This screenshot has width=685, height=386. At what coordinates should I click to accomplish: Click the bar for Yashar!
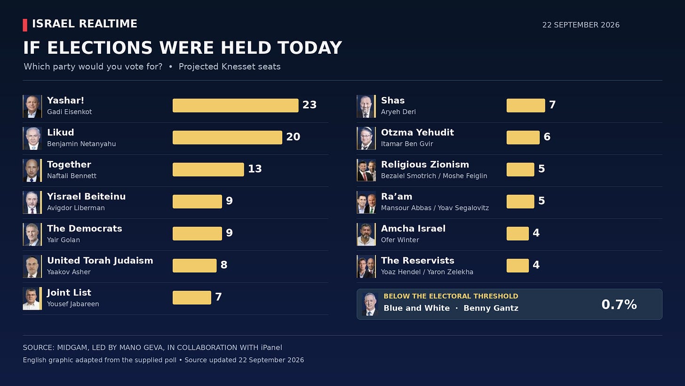235,106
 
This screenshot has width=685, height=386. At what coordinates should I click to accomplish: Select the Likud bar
227,138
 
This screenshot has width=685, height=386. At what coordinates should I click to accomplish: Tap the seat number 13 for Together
255,169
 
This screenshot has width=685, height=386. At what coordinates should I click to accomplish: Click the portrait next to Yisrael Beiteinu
32,203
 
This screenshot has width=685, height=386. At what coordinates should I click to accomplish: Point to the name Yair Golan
64,240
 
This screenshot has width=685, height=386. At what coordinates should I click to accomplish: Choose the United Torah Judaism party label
100,260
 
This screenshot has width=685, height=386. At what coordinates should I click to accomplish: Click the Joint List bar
192,297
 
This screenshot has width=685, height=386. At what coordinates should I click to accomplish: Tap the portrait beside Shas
366,107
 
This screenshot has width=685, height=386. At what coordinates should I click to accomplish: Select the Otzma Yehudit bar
523,138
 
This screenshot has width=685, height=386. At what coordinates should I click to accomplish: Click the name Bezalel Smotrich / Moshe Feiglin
434,176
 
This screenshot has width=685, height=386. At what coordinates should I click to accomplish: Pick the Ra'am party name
397,197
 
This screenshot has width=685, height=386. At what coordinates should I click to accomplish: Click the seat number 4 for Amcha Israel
536,233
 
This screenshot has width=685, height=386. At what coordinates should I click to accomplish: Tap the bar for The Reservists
518,266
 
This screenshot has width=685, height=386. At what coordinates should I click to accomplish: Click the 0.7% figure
619,304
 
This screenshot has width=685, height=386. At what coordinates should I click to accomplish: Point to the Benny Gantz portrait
370,304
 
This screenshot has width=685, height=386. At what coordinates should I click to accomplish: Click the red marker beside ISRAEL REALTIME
25,25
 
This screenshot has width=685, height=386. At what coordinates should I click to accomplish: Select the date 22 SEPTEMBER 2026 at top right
581,25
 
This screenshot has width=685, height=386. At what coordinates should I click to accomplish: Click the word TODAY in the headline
310,48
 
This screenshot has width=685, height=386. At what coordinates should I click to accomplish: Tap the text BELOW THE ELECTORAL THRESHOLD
451,296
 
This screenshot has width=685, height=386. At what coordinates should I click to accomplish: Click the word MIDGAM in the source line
72,348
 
